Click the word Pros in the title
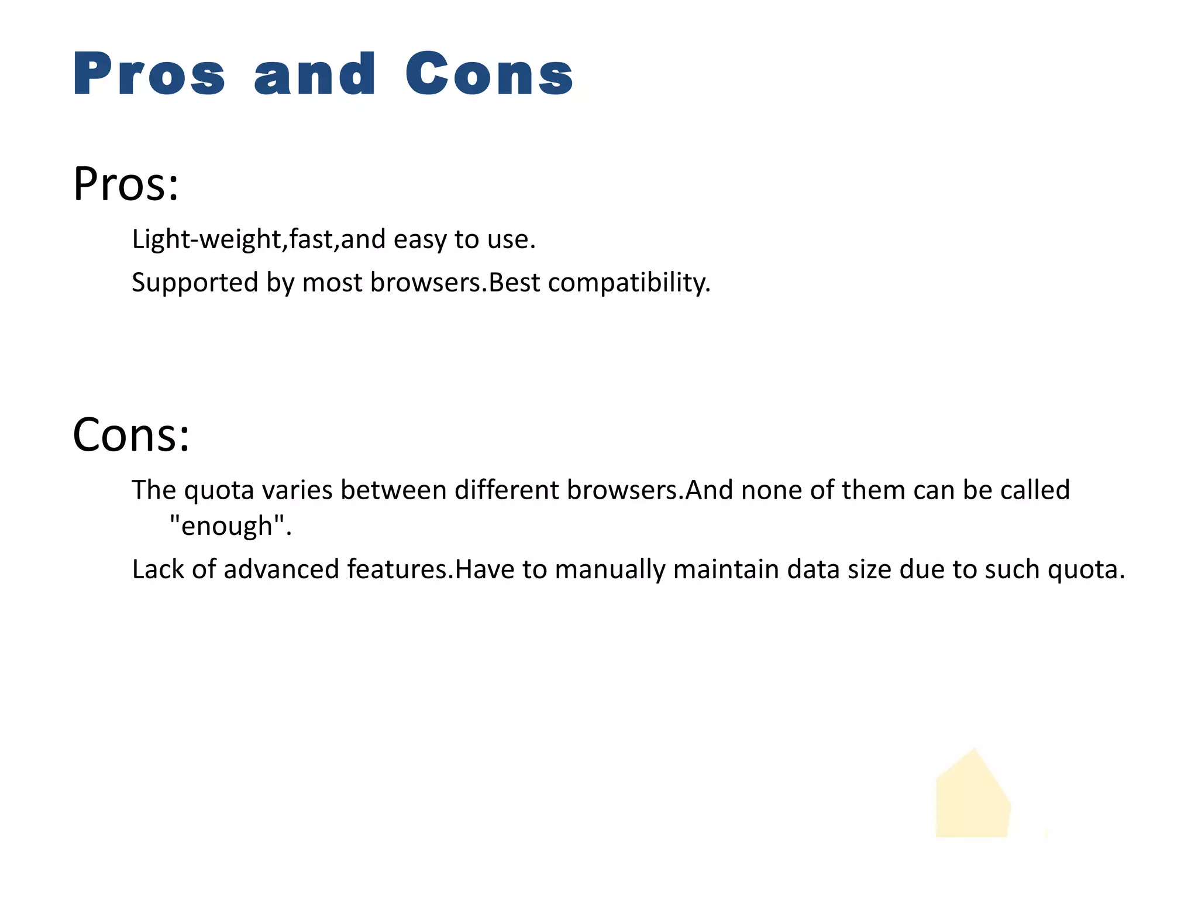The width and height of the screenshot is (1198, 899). (x=149, y=74)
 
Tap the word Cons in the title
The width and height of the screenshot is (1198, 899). (x=489, y=74)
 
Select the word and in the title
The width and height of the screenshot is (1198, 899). (x=315, y=74)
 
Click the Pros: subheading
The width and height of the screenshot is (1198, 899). (x=126, y=184)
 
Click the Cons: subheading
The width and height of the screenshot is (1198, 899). (x=131, y=435)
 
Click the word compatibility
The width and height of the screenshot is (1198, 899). (x=629, y=283)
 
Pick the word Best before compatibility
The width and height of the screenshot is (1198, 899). (x=514, y=283)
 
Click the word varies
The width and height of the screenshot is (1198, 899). (x=297, y=490)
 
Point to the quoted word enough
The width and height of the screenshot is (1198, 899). (x=227, y=526)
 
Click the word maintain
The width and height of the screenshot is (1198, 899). (x=726, y=569)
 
